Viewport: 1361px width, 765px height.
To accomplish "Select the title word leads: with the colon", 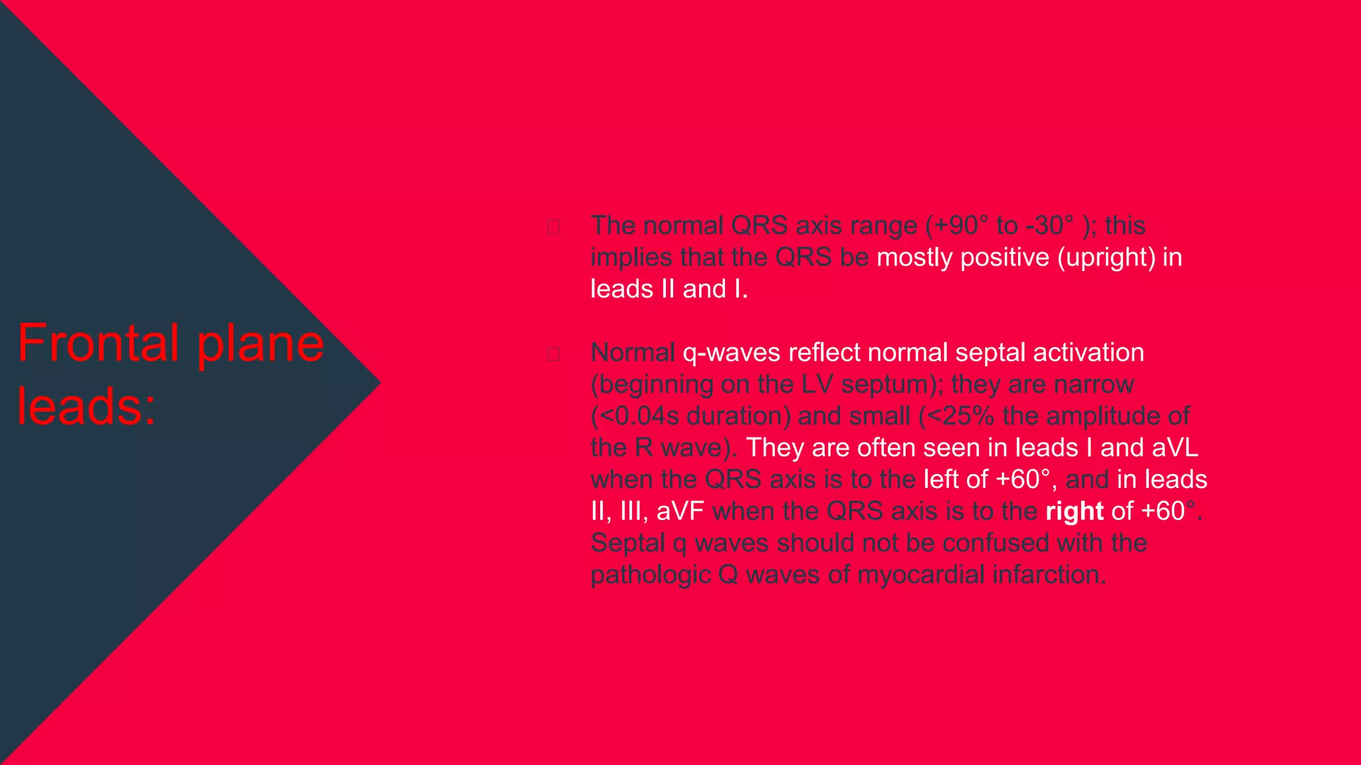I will pyautogui.click(x=86, y=406).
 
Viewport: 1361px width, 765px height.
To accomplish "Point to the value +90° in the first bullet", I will pyautogui.click(x=957, y=226).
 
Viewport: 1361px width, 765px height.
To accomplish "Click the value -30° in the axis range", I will pyautogui.click(x=1050, y=226).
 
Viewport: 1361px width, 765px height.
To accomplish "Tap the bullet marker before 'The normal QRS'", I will pyautogui.click(x=553, y=227).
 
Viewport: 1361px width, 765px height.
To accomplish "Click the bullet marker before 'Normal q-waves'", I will pyautogui.click(x=553, y=354).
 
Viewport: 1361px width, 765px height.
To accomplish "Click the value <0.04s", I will pyautogui.click(x=635, y=416).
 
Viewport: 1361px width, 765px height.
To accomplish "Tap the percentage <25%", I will pyautogui.click(x=957, y=416).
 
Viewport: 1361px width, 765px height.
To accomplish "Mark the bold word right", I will pyautogui.click(x=1074, y=511).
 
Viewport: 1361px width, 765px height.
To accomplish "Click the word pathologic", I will pyautogui.click(x=651, y=575).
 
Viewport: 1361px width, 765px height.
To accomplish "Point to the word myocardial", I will pyautogui.click(x=920, y=575).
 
